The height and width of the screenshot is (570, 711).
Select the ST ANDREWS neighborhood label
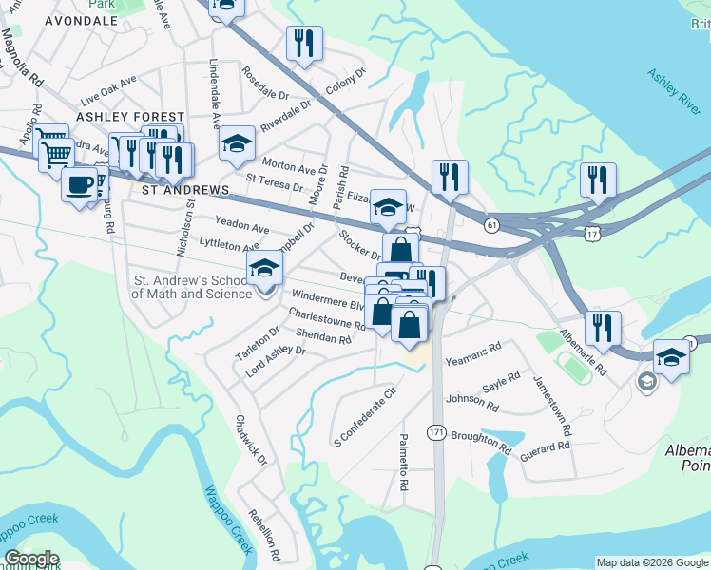[185, 190]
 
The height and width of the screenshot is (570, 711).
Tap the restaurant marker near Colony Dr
[304, 43]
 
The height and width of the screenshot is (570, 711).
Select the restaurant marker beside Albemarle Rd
[603, 328]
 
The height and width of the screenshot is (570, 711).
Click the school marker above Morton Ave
[237, 143]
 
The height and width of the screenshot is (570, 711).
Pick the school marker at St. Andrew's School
[265, 268]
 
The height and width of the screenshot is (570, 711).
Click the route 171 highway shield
[436, 432]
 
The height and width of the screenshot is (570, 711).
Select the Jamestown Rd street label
[550, 406]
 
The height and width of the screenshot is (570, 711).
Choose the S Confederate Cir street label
[364, 418]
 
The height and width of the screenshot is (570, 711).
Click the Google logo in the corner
[31, 559]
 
